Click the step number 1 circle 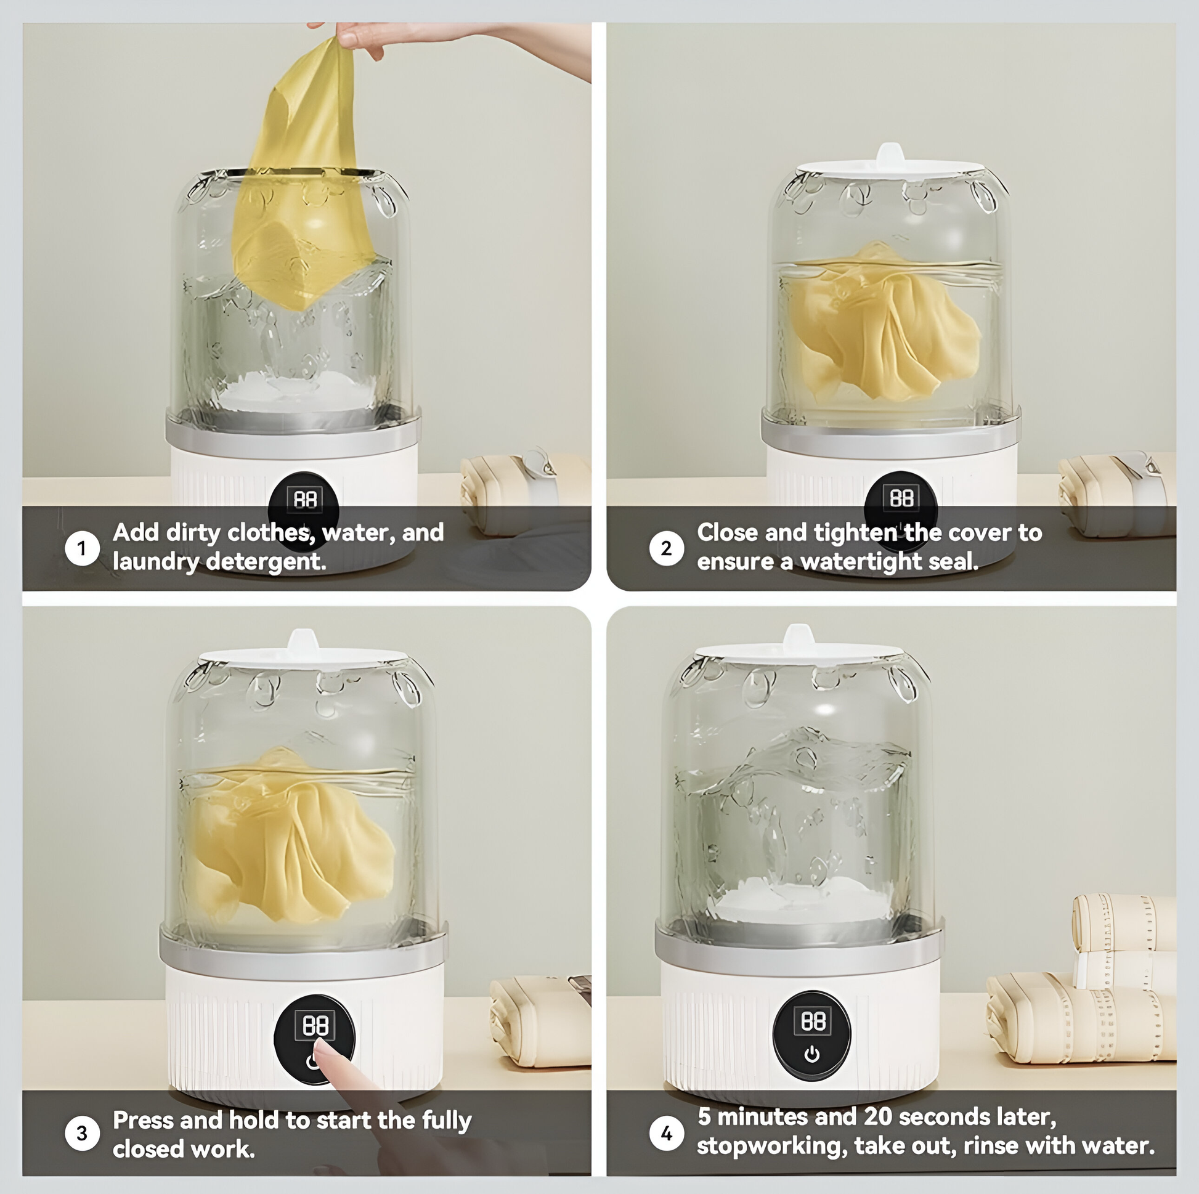(82, 548)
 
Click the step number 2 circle (667, 548)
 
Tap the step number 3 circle (82, 1133)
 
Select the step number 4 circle (667, 1133)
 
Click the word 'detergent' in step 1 (266, 562)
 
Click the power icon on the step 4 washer (811, 1054)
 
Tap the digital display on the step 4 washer (813, 1021)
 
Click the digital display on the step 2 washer (901, 498)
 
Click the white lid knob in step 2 (890, 153)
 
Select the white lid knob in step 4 (799, 635)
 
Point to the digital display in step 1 (305, 499)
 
